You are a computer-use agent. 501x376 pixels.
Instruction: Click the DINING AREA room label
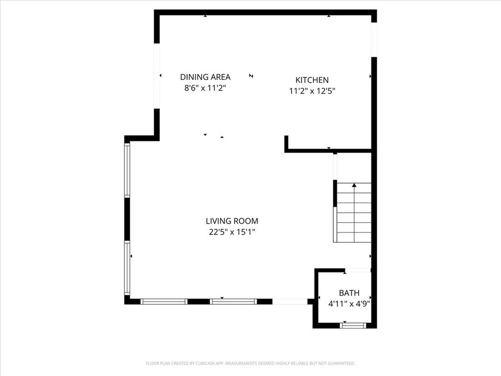click(x=205, y=77)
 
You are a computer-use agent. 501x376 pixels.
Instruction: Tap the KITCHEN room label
click(x=312, y=80)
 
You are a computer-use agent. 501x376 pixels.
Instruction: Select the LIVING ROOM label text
click(x=232, y=221)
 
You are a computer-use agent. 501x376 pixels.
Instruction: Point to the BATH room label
click(x=349, y=293)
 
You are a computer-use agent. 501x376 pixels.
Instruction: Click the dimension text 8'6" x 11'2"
click(x=205, y=88)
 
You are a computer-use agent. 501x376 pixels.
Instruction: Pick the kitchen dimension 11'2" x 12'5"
click(x=312, y=91)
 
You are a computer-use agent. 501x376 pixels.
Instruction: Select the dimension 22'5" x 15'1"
click(x=232, y=232)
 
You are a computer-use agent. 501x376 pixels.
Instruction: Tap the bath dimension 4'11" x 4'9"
click(x=349, y=304)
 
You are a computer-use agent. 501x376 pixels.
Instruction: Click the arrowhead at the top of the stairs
click(x=354, y=185)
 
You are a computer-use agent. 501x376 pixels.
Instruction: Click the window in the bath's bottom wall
click(x=353, y=326)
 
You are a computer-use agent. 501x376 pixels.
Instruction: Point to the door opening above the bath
click(x=358, y=270)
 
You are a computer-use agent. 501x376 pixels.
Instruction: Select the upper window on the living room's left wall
click(x=127, y=170)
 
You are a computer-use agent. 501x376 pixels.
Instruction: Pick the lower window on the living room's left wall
click(x=127, y=268)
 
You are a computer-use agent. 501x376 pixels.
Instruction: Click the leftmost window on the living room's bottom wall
click(x=164, y=301)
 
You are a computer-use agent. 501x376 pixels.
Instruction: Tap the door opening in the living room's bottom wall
click(x=290, y=301)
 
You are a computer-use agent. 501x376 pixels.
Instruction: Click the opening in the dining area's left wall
click(x=157, y=76)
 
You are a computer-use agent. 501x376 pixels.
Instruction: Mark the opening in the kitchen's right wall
click(x=374, y=40)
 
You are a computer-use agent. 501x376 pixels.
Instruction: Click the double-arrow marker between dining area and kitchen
click(x=251, y=76)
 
